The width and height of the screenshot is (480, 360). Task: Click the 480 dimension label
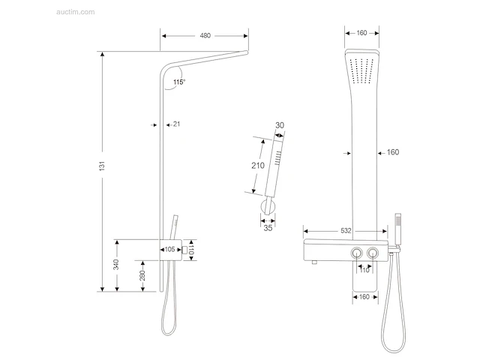point(205,35)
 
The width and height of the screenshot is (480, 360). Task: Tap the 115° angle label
point(179,82)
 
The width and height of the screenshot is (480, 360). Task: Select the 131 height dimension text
point(102,166)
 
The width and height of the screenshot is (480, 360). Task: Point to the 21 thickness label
point(177,124)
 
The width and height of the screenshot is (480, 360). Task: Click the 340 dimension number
point(116,265)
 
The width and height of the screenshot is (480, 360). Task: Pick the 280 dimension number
point(142,275)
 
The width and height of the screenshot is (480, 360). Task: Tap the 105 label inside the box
point(170,250)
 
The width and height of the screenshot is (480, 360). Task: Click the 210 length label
point(258,166)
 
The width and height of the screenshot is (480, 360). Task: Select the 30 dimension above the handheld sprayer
point(280,125)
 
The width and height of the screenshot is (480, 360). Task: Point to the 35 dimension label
point(268,228)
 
